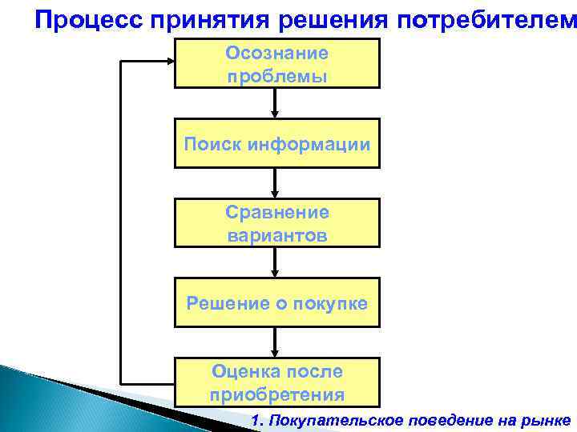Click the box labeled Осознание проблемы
(276, 64)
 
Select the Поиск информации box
(276, 144)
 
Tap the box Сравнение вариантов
(276, 224)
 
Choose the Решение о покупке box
(276, 303)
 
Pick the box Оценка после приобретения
(276, 382)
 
